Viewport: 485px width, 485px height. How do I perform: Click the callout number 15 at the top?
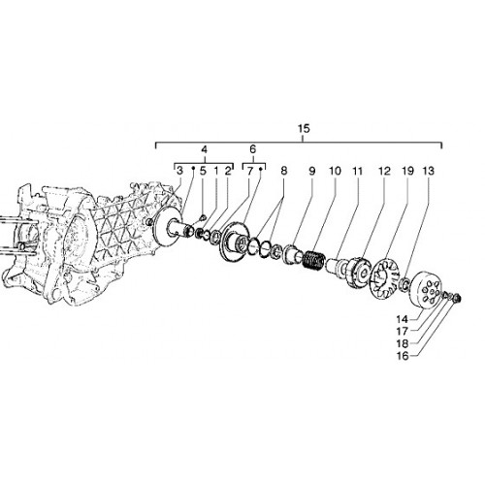(x=304, y=128)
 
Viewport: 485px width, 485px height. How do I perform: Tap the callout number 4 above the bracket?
(x=204, y=149)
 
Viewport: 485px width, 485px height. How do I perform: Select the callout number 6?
(x=253, y=149)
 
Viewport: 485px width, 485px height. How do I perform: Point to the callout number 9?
(x=311, y=171)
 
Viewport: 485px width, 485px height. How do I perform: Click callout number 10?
(x=335, y=171)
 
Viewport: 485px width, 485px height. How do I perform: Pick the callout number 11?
(x=358, y=171)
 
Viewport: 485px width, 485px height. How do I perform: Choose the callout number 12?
(x=384, y=171)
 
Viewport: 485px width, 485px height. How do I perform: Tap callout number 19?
(x=407, y=171)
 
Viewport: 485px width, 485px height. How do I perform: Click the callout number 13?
(x=429, y=171)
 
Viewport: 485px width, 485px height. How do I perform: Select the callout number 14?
(x=403, y=319)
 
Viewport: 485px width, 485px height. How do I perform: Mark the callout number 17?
(x=403, y=332)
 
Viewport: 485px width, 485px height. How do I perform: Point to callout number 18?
(x=403, y=343)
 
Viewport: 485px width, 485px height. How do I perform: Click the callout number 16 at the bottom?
(x=403, y=356)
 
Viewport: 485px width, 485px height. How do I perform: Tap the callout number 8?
(x=284, y=171)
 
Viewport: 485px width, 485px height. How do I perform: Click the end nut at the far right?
(x=457, y=298)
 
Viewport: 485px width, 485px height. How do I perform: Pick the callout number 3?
(x=179, y=171)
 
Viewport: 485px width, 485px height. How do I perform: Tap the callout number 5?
(x=203, y=171)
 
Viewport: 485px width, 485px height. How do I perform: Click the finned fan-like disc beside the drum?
(x=386, y=278)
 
